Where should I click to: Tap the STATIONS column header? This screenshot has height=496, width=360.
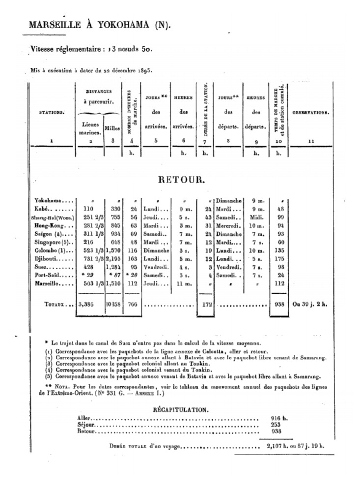point(52,112)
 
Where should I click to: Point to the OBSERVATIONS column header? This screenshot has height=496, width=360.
point(311,112)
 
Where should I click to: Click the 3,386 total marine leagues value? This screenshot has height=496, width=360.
point(89,304)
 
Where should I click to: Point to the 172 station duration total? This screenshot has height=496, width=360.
point(206,304)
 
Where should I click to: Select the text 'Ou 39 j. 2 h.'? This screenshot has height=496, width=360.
point(310,304)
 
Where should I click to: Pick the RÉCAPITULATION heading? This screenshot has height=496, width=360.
point(180,409)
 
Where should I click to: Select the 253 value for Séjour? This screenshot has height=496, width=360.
point(276,424)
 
